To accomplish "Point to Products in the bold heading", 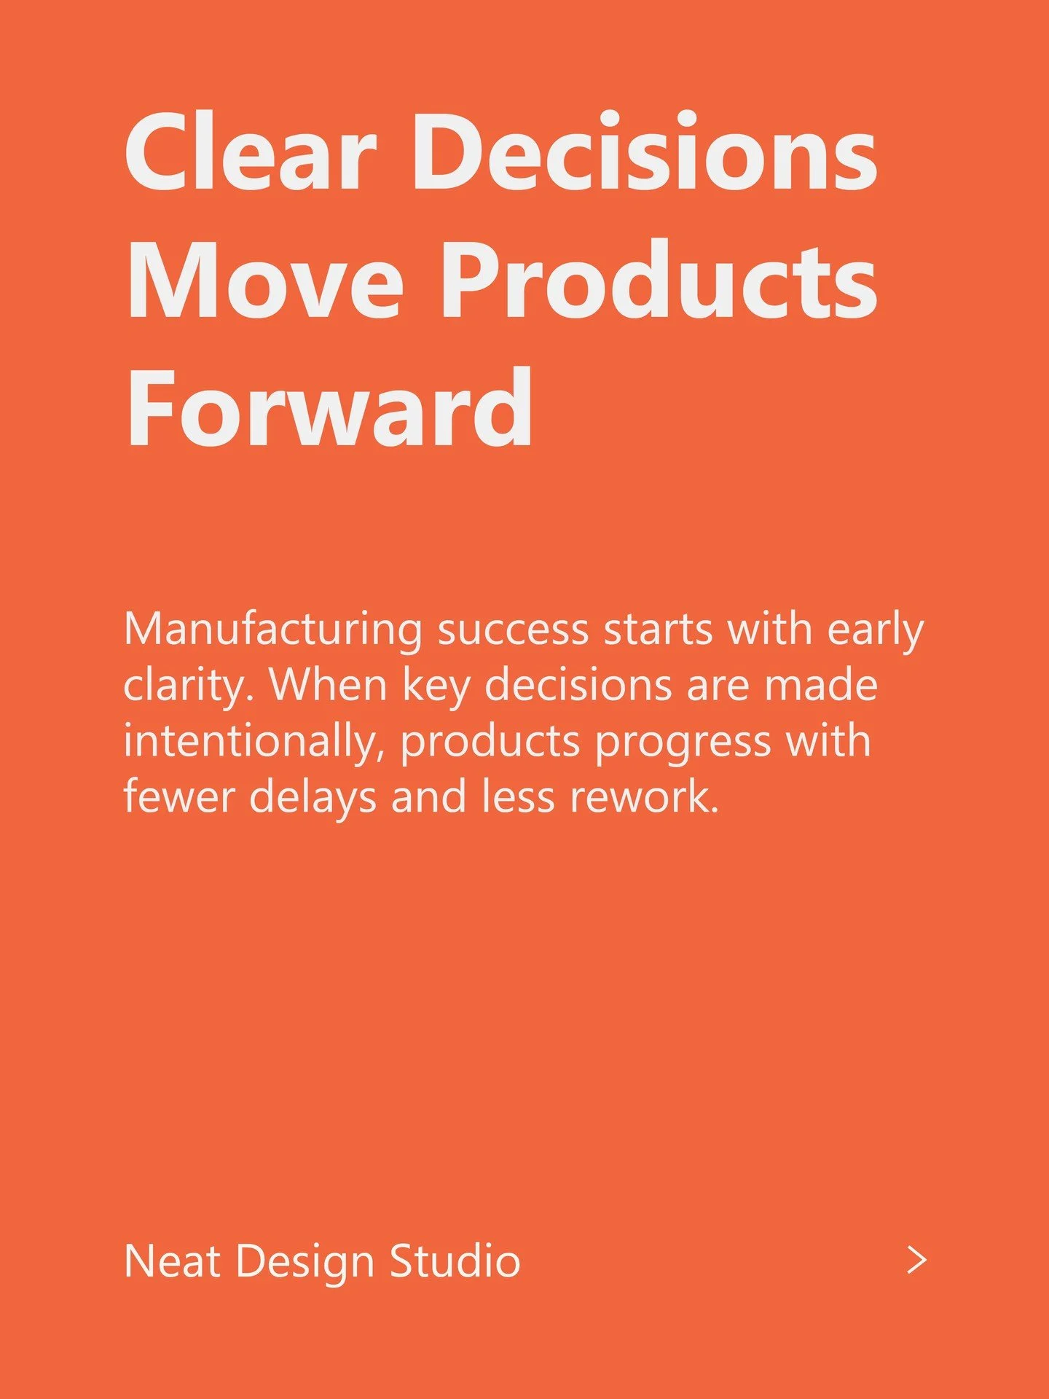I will tap(659, 280).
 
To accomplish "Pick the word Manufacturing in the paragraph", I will tap(273, 630).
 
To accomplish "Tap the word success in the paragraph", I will tap(513, 630).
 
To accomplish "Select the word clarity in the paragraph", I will tap(185, 686).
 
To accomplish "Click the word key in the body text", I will tap(436, 686).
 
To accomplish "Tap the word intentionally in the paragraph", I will tap(251, 742).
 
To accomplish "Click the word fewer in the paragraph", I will tap(179, 796).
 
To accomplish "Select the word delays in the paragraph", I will tap(313, 796).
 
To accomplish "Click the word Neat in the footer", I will tap(173, 1261).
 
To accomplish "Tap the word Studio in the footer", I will tap(455, 1261).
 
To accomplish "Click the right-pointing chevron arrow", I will tap(917, 1260).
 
